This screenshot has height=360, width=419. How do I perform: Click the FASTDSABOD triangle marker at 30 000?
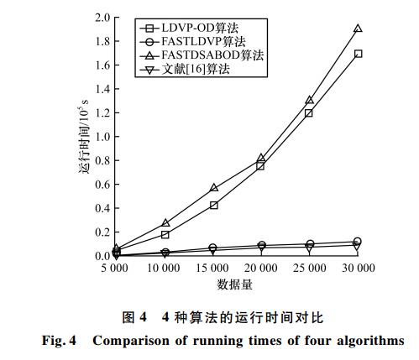[x=358, y=29]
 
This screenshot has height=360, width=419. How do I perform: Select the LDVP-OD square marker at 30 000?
[x=358, y=54]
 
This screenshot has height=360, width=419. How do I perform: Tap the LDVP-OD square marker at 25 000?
[x=309, y=113]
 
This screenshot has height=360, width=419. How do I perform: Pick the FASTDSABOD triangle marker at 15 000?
[x=214, y=187]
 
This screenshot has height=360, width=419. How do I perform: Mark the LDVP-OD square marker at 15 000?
[x=213, y=206]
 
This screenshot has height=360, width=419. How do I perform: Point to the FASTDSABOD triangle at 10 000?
[x=165, y=223]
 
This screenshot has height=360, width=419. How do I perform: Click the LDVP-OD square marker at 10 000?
[x=165, y=235]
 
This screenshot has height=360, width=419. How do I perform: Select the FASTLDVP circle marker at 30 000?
[x=357, y=241]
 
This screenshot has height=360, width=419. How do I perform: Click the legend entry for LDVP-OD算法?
[x=189, y=28]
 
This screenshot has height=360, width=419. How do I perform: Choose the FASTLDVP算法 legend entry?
[x=192, y=42]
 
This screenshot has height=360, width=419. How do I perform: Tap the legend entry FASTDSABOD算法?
[x=202, y=55]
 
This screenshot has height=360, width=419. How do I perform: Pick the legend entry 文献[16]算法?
[x=185, y=69]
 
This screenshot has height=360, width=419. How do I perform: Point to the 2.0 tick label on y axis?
[x=102, y=18]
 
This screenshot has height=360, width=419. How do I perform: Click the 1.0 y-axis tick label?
[x=102, y=137]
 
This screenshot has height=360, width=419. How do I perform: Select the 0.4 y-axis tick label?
[x=102, y=208]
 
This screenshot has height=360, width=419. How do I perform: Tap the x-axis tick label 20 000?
[x=261, y=268]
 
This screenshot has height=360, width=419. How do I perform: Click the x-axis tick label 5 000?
[x=114, y=268]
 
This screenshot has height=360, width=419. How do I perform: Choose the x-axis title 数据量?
[x=234, y=284]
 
